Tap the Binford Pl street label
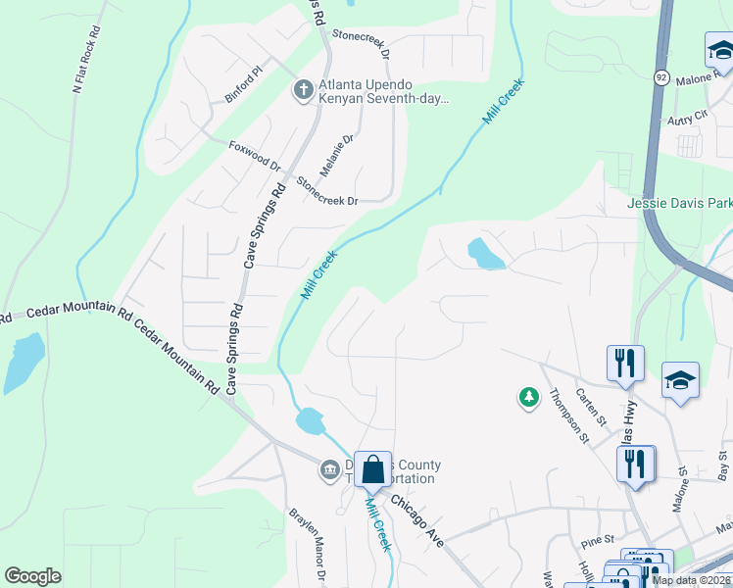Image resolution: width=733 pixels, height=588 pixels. click(x=245, y=72)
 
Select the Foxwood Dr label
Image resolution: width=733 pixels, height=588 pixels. click(x=255, y=156)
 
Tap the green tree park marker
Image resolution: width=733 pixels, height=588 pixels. click(x=529, y=397)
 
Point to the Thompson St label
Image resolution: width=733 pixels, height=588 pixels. click(x=567, y=416)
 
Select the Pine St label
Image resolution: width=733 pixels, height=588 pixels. click(x=596, y=539)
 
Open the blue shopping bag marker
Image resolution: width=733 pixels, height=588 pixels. click(x=373, y=469)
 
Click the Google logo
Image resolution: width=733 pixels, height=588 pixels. click(x=32, y=575)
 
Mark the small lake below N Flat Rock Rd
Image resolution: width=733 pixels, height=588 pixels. click(x=24, y=359)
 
